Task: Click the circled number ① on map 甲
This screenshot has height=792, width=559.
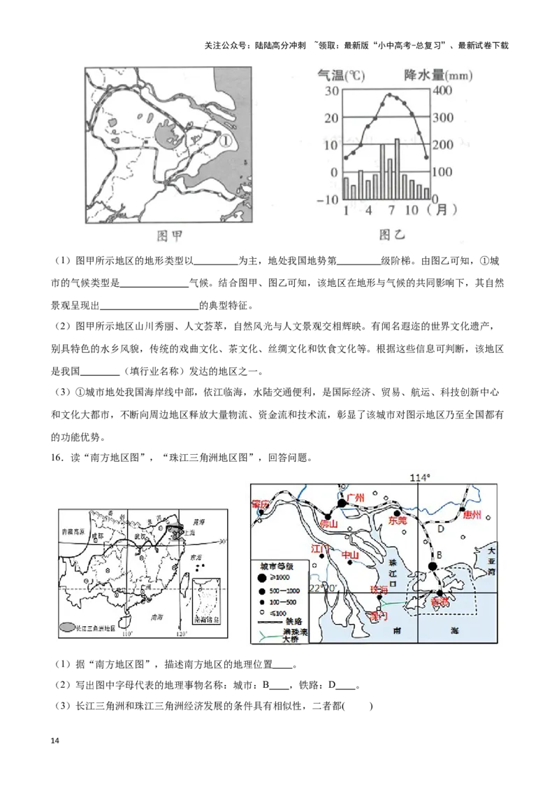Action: point(225,140)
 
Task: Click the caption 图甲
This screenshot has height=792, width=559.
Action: point(168,236)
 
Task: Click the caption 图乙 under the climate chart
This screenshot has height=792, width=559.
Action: point(392,235)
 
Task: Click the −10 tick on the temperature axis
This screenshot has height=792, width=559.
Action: point(326,200)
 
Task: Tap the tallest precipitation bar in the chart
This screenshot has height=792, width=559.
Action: point(398,168)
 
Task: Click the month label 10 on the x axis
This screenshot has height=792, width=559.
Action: point(412,209)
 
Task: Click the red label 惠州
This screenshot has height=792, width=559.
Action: point(472,515)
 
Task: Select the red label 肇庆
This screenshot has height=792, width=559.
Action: point(261,504)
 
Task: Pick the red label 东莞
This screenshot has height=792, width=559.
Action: point(398,521)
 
